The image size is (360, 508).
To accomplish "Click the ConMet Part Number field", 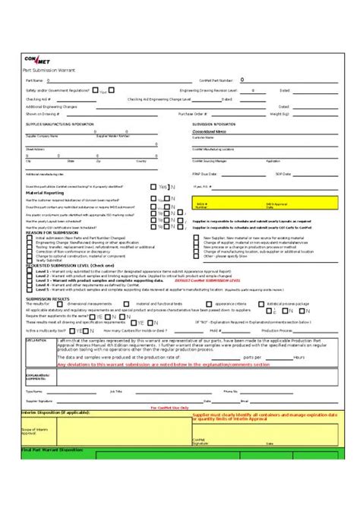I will (x=266, y=80).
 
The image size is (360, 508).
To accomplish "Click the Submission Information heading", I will (x=214, y=123).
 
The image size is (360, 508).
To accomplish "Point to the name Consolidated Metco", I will (x=210, y=131).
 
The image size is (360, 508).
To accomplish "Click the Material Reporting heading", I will (x=45, y=193).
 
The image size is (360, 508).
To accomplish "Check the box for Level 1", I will (x=31, y=270).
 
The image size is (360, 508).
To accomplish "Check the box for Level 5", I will (x=31, y=289).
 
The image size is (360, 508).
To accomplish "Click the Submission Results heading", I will (x=47, y=298).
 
